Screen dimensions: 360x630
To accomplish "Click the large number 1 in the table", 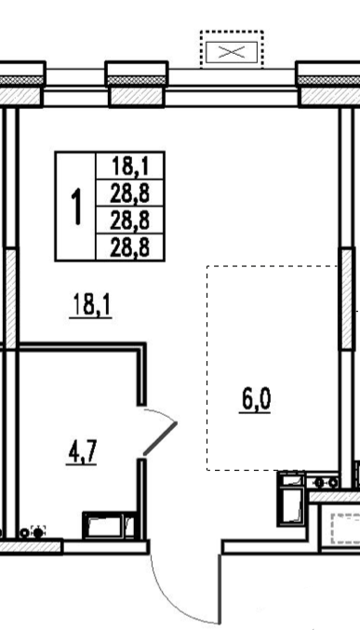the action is click(x=75, y=207).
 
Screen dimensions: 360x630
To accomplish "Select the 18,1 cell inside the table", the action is click(x=130, y=166).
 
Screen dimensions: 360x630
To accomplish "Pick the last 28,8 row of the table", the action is click(x=130, y=248).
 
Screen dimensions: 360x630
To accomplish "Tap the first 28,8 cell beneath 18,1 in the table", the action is click(x=130, y=194).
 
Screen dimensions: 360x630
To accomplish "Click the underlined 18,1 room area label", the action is click(x=91, y=305).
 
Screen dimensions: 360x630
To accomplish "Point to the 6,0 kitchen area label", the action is click(x=255, y=400).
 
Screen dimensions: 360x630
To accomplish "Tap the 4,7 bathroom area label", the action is click(x=81, y=452).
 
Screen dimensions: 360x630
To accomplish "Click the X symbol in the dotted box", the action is click(x=232, y=52).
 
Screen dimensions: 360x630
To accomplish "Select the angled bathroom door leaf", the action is click(x=160, y=438).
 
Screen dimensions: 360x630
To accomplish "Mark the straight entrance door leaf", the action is click(x=220, y=589).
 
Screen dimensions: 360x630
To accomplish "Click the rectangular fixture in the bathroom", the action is click(x=109, y=525).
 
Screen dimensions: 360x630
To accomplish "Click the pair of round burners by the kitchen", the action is click(x=327, y=483).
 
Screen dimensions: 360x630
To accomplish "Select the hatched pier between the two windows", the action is click(x=137, y=97).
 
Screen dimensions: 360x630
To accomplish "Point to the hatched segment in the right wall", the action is click(x=346, y=299).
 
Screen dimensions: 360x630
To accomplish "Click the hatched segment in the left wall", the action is click(x=11, y=299).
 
